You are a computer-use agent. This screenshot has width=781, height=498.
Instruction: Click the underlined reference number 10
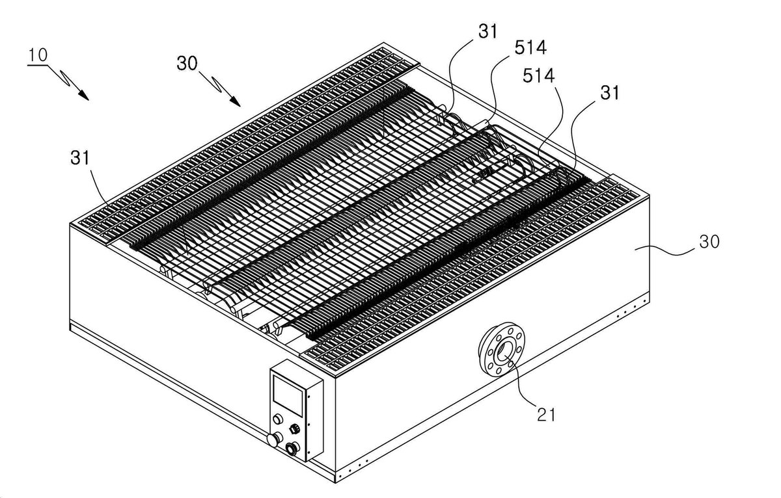point(38,55)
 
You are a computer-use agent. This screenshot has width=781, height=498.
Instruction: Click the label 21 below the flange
point(546,414)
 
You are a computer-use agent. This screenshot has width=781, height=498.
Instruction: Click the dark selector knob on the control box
point(295,428)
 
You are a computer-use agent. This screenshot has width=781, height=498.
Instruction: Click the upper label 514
point(530,47)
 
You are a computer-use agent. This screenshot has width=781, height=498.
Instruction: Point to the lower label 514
point(538,75)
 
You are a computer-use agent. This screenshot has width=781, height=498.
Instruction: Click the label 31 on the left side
point(80,157)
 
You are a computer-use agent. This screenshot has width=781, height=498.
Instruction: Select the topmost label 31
point(487,32)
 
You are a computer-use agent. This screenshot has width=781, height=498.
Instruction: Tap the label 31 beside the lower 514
point(609,93)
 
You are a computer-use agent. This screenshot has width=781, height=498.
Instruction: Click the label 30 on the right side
point(709,242)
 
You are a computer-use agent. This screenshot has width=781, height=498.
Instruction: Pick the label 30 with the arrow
point(187,64)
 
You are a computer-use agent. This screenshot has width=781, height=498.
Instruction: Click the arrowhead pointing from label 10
point(84,95)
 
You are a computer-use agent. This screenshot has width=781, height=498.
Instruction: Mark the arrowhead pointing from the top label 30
point(236,101)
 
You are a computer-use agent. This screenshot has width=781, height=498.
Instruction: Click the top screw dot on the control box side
point(308,396)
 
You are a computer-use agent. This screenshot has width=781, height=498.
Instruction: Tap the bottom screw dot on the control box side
point(308,452)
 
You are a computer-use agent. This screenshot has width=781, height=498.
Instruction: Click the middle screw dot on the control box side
point(308,424)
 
